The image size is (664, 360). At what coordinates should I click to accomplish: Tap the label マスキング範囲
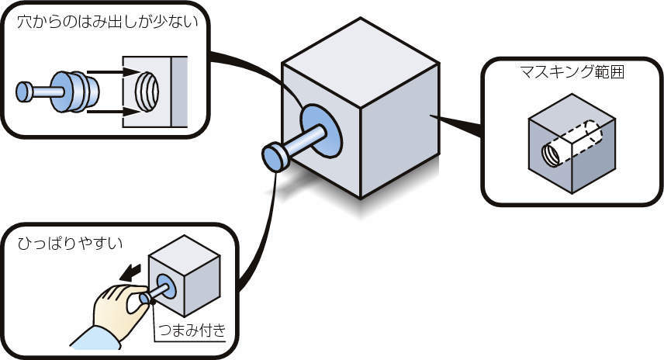(573, 74)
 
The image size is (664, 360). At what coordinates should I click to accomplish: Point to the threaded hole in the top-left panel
(145, 92)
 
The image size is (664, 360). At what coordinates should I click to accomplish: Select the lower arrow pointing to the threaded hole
(109, 112)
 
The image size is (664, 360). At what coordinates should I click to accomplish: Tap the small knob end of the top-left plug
(24, 92)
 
